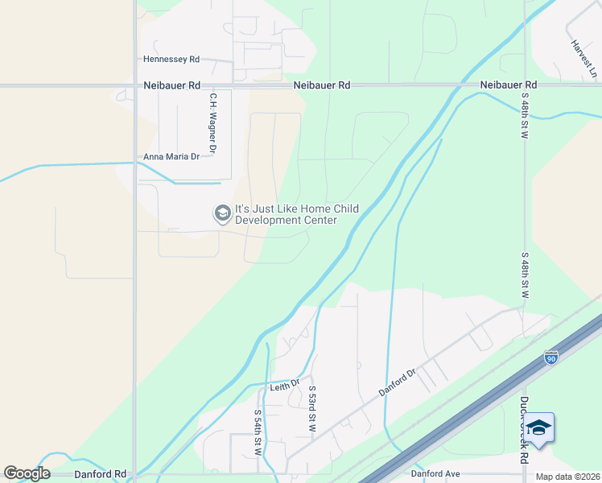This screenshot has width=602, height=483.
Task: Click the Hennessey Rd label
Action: [x=171, y=60]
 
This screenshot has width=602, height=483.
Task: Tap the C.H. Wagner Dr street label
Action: [x=213, y=123]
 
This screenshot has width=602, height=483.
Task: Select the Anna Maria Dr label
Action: [x=171, y=157]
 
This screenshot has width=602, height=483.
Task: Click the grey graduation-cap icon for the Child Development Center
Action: [x=221, y=214]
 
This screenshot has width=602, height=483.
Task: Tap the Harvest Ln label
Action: [x=585, y=60]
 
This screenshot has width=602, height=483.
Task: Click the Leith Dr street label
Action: [x=284, y=386]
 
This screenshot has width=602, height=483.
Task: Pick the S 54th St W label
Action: [x=258, y=432]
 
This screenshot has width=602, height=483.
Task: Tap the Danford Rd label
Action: [x=100, y=475]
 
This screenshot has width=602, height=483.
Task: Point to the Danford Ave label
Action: [x=435, y=474]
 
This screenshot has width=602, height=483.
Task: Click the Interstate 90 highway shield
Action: [x=551, y=357]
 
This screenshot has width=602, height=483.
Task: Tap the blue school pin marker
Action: [x=539, y=429]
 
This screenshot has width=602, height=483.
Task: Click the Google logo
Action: [x=27, y=473]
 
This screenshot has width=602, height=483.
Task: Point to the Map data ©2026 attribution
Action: [x=567, y=477]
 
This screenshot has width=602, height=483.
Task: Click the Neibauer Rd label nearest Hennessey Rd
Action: [x=172, y=85]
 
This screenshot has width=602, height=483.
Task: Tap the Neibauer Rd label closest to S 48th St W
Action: [x=508, y=85]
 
